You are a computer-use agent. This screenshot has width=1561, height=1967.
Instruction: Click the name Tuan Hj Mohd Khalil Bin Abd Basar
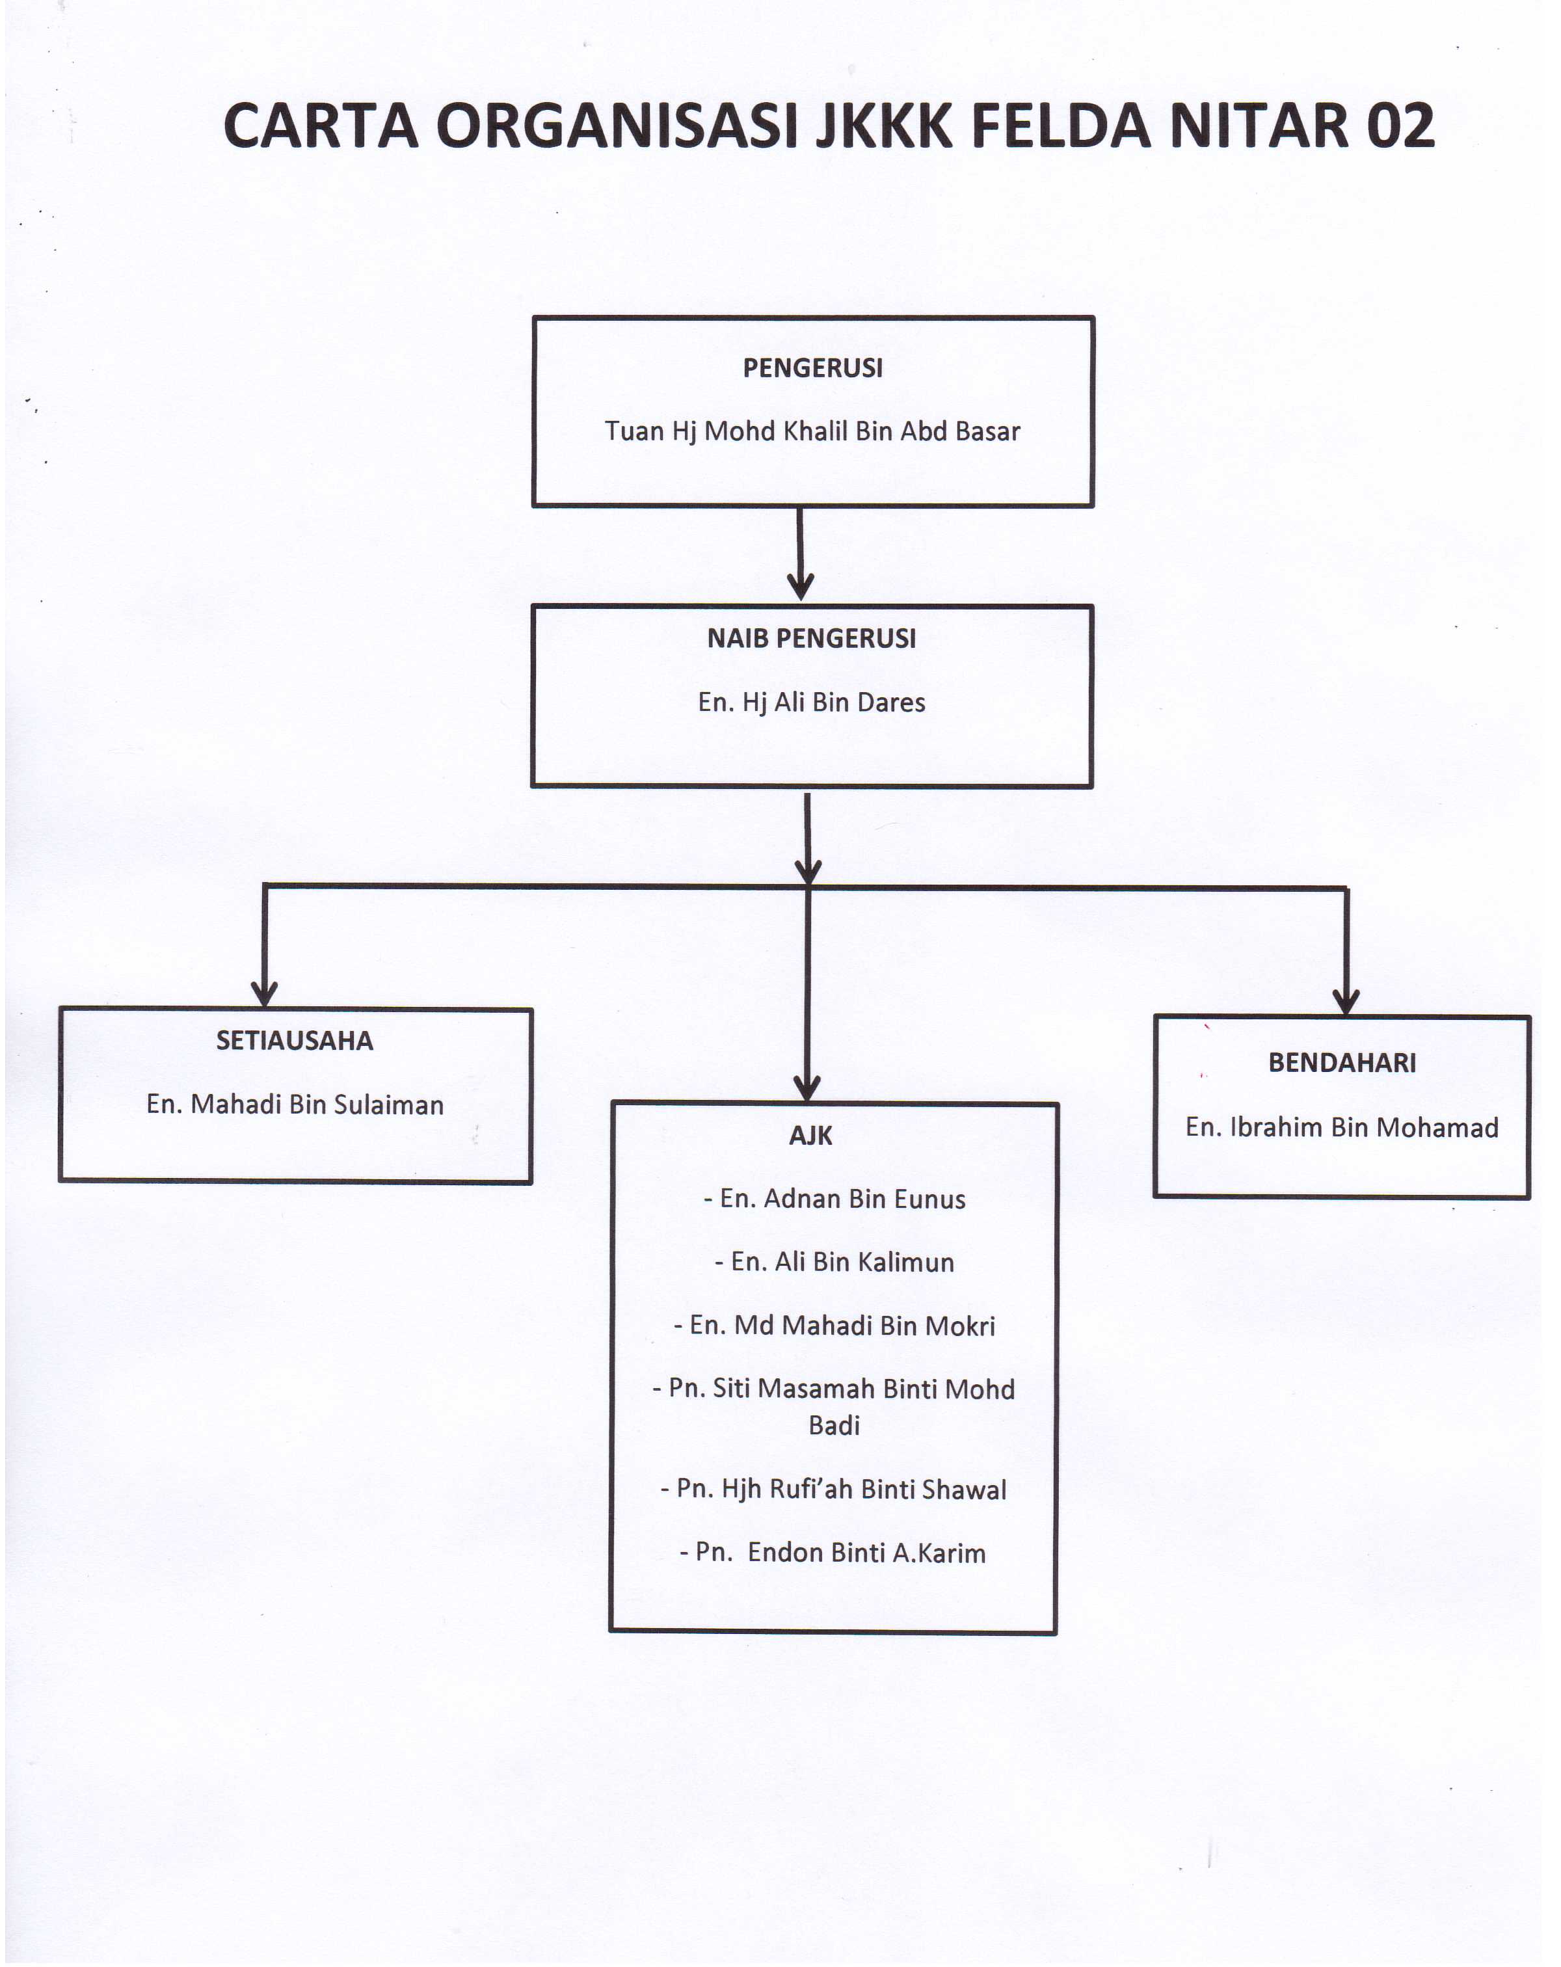812,431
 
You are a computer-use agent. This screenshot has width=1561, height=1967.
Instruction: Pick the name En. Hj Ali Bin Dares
811,702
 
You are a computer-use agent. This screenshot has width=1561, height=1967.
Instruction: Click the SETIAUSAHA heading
295,1040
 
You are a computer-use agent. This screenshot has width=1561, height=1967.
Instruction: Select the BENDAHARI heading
1341,1062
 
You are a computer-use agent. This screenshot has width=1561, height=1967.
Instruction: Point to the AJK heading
810,1135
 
